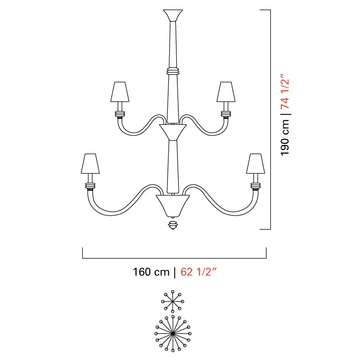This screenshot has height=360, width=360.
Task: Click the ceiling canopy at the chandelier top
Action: point(173,15)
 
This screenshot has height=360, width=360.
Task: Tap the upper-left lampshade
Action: point(120,92)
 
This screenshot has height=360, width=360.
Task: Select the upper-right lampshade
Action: point(226,92)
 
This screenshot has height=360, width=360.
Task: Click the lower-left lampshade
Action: point(90,163)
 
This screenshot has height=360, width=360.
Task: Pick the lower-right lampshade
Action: point(256,163)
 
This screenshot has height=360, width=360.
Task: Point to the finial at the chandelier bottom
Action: point(173,225)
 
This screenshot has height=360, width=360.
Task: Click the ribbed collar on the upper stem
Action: point(173,71)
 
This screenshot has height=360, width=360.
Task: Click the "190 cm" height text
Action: point(285,138)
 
